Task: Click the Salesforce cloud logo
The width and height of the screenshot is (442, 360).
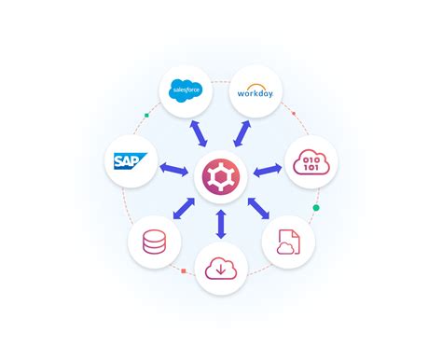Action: pyautogui.click(x=187, y=90)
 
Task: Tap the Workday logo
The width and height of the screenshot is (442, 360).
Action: pyautogui.click(x=254, y=91)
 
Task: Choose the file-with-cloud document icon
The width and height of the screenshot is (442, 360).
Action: pyautogui.click(x=287, y=242)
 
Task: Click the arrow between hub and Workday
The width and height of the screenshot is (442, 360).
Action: pyautogui.click(x=240, y=132)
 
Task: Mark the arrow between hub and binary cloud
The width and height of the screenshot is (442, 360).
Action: pyautogui.click(x=267, y=171)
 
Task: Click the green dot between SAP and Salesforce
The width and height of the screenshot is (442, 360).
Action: pyautogui.click(x=146, y=117)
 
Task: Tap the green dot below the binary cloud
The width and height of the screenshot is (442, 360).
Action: pyautogui.click(x=316, y=207)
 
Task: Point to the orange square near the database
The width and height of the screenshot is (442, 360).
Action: pyautogui.click(x=184, y=271)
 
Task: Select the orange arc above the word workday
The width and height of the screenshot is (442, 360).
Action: pyautogui.click(x=253, y=84)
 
